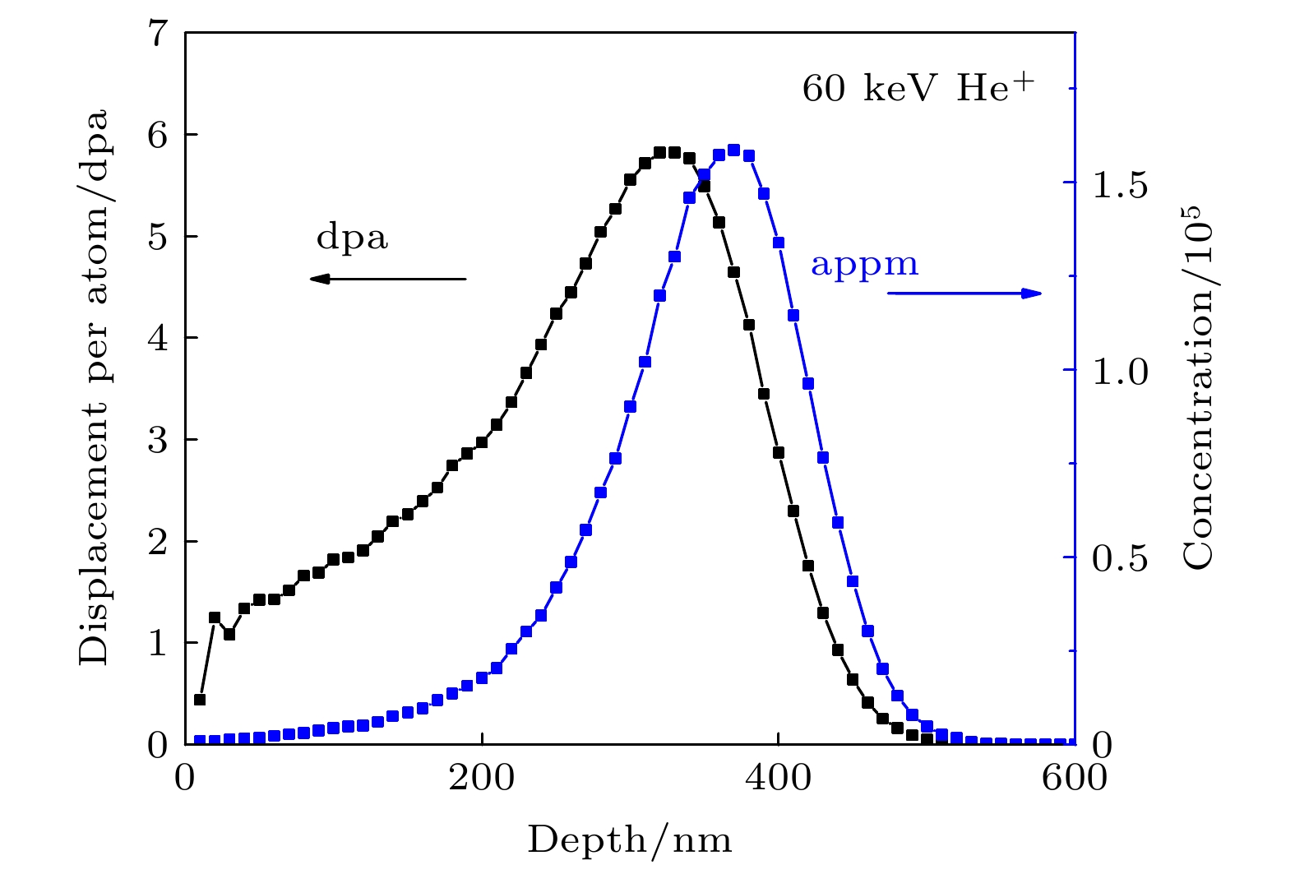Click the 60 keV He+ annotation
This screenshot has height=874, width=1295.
pos(918,88)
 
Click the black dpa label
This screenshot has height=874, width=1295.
pos(352,238)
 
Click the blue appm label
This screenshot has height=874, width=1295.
pos(864,265)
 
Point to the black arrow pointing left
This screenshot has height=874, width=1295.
pos(387,279)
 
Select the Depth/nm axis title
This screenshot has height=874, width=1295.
pos(629,840)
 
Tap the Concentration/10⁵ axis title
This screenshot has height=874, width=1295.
pos(1199,386)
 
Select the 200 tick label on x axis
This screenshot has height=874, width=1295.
pos(481,777)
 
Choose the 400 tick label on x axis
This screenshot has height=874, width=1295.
pos(778,777)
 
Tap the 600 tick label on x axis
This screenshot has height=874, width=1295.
pos(1074,777)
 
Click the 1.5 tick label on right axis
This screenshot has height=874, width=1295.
pos(1119,186)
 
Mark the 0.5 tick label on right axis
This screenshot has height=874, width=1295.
pos(1119,559)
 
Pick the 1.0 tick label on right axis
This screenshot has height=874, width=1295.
pos(1119,372)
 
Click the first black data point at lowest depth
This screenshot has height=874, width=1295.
pos(199,700)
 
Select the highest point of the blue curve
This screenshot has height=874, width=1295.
pos(734,150)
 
